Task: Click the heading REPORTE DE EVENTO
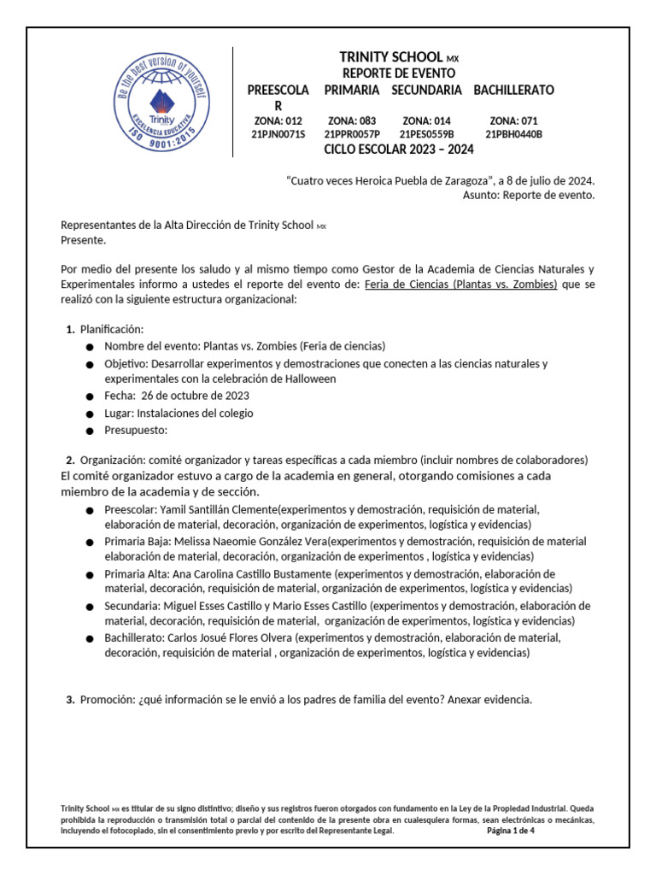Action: click(399, 73)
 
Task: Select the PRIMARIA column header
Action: click(352, 90)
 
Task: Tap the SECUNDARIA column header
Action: click(427, 90)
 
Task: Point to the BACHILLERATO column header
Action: click(513, 90)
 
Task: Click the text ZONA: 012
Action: click(278, 121)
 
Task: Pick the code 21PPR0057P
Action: click(352, 134)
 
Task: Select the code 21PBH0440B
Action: click(513, 134)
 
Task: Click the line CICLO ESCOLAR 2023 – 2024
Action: click(399, 150)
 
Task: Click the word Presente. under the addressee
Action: click(84, 241)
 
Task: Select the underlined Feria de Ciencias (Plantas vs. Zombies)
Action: click(460, 284)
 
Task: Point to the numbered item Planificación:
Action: click(112, 329)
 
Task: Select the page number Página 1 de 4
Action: click(510, 830)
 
